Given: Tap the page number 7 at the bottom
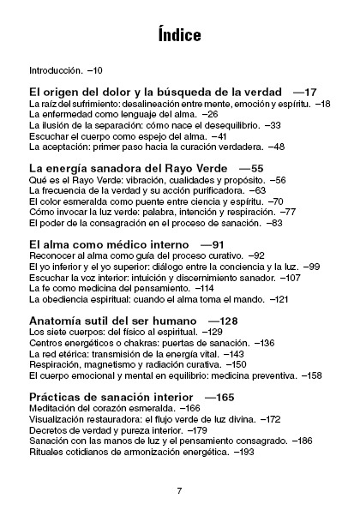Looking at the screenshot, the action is (x=179, y=467).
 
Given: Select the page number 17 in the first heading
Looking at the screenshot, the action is (x=310, y=91).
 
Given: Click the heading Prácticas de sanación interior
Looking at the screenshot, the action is (x=113, y=397).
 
